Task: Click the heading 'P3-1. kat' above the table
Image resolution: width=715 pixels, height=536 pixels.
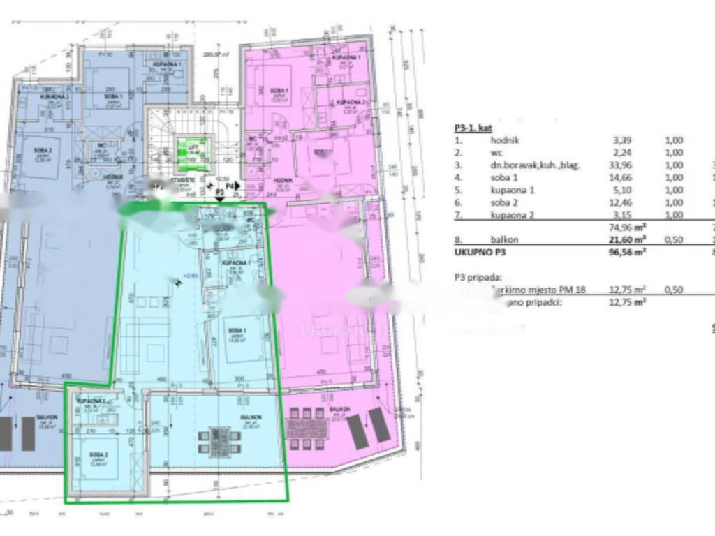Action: tap(473, 128)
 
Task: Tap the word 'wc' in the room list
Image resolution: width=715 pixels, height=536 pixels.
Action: tap(496, 153)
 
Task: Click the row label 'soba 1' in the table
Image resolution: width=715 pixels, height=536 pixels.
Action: tap(504, 178)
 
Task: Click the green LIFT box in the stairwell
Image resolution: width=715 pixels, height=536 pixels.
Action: tap(186, 154)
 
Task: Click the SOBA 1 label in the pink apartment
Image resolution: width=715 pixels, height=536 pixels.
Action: tap(270, 90)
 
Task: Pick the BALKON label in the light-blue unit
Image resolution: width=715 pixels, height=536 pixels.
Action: tap(250, 417)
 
